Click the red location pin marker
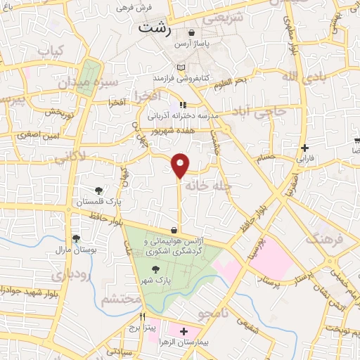(181, 165)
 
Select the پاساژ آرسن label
(192, 44)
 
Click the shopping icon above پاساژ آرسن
(192, 33)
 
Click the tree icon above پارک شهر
(155, 268)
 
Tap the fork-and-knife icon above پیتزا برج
(143, 316)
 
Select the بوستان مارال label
(75, 250)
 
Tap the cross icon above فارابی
(304, 148)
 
